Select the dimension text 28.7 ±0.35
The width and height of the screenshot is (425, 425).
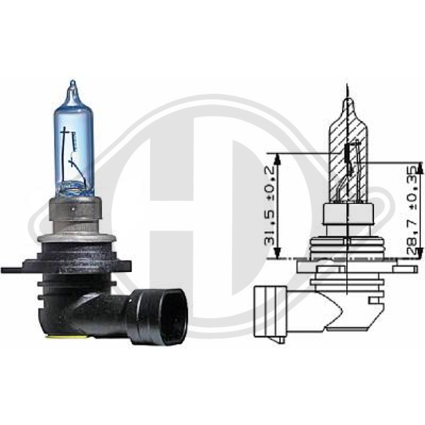411,209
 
